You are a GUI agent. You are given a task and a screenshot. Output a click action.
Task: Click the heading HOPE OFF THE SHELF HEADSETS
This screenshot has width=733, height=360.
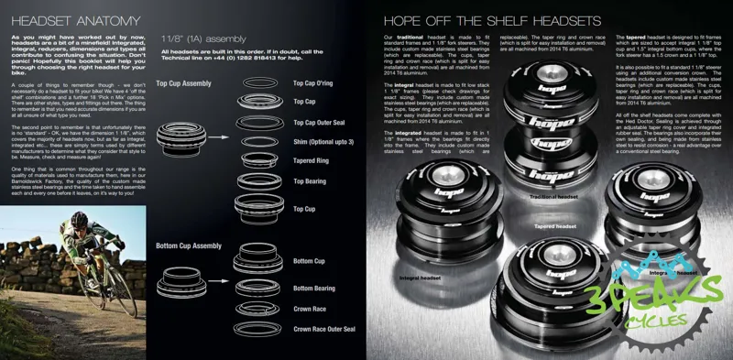tap(491, 20)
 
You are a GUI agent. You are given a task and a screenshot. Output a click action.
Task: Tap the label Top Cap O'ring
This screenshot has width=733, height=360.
tap(312, 83)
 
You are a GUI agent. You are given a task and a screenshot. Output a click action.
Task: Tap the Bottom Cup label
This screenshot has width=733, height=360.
tap(309, 261)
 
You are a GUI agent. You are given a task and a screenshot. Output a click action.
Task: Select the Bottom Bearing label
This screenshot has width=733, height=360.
tap(313, 288)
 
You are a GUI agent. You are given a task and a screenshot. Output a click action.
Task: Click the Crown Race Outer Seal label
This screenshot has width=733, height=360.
tap(323, 328)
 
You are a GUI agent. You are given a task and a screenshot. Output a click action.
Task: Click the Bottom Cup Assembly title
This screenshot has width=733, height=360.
tap(189, 245)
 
